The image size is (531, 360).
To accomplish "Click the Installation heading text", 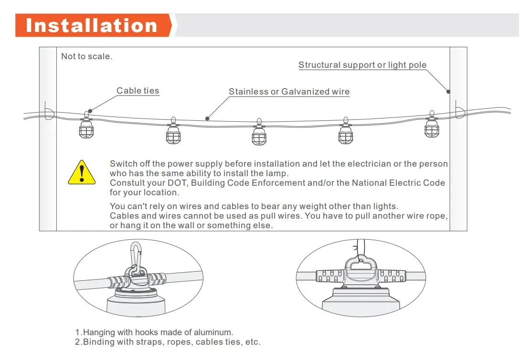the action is point(91,25).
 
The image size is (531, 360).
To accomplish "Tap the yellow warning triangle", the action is point(82,172).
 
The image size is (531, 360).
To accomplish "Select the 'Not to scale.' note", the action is point(87,56).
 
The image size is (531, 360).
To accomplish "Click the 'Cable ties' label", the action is point(138,91).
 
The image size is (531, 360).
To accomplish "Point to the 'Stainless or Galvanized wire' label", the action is point(289,92).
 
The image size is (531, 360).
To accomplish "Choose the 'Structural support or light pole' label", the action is point(362,64).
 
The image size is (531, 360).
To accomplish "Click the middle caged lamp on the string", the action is point(259,132).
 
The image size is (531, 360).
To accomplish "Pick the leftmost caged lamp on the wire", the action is point(86,125).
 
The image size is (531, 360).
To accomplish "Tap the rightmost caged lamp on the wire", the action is point(432,124).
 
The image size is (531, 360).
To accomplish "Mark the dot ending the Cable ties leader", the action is point(90,111).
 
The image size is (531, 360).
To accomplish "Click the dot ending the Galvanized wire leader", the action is point(207,118).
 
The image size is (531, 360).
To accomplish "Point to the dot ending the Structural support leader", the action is point(448,92).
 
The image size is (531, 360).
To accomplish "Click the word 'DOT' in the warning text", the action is point(178,183).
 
